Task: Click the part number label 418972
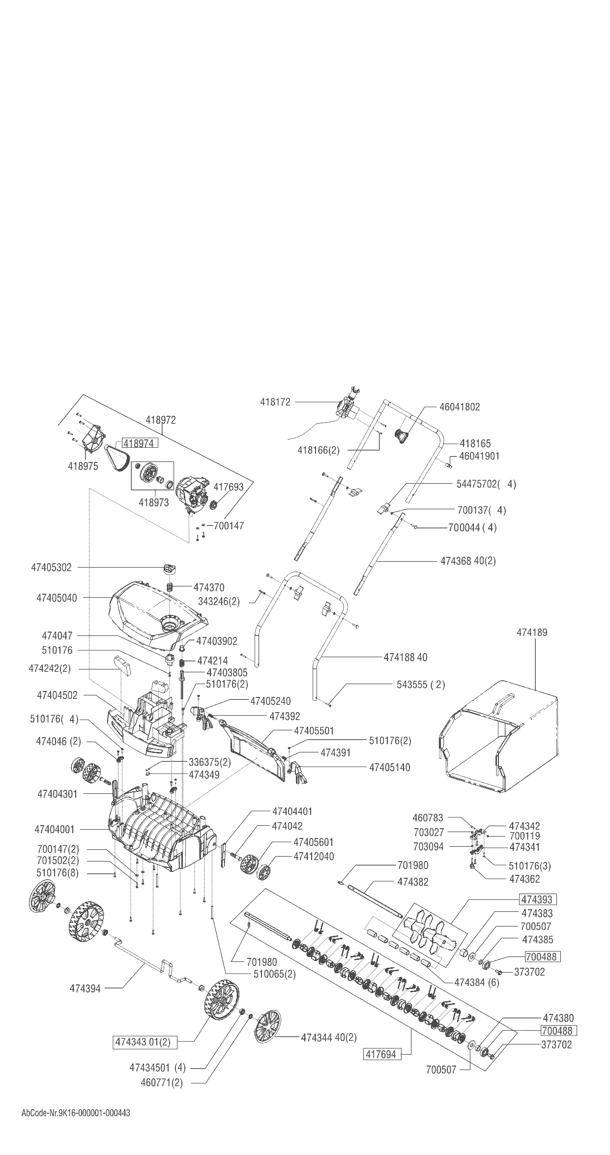click(x=161, y=420)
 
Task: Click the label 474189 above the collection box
click(x=532, y=633)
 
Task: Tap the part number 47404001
click(x=55, y=830)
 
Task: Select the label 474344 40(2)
click(x=329, y=1038)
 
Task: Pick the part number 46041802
click(x=452, y=407)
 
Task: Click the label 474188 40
click(x=405, y=657)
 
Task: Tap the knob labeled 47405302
click(x=169, y=569)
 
